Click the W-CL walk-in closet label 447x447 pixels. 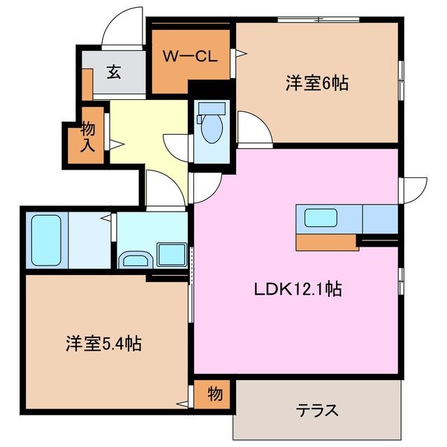click(x=188, y=57)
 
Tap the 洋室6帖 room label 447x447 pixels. click(x=316, y=84)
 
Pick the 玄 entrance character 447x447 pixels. click(x=113, y=72)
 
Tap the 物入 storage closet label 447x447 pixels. click(x=88, y=137)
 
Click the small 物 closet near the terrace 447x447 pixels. click(x=214, y=395)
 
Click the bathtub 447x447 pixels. click(x=46, y=239)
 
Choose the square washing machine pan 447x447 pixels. click(x=170, y=254)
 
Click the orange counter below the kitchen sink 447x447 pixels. click(x=327, y=242)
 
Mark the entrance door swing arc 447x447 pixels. click(x=120, y=28)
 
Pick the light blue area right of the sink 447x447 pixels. click(x=380, y=219)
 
